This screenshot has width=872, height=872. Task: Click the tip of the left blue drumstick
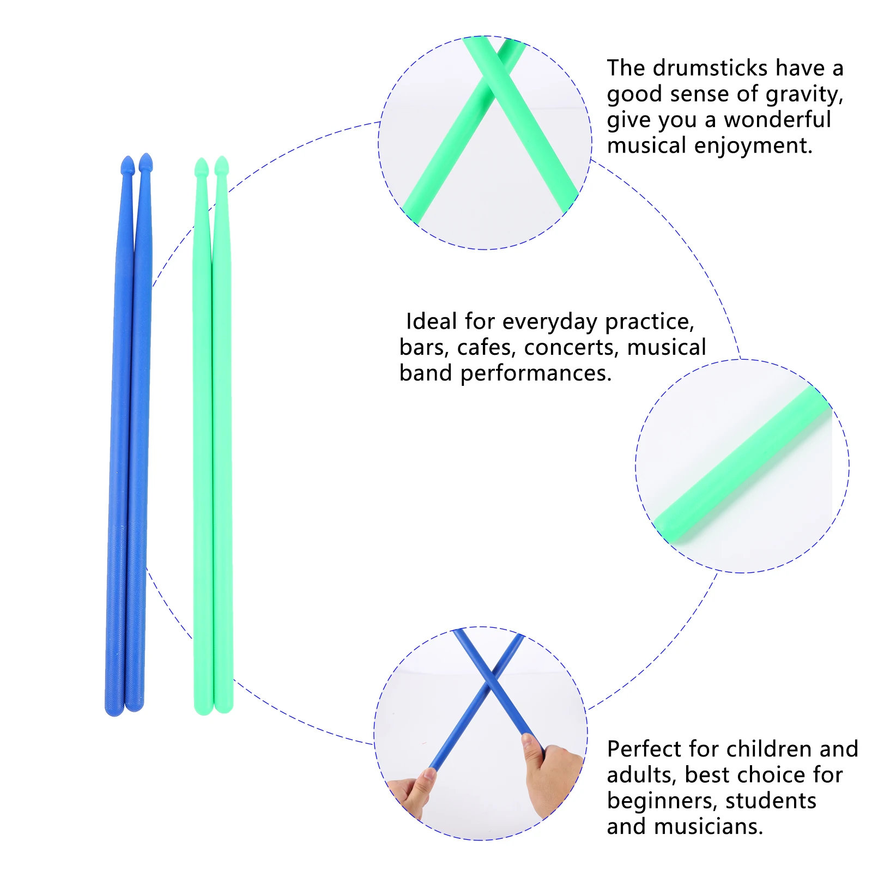128,165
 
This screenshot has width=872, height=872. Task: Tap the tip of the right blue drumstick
146,162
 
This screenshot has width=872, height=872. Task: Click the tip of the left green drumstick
202,167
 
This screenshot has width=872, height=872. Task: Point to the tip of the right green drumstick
221,166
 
